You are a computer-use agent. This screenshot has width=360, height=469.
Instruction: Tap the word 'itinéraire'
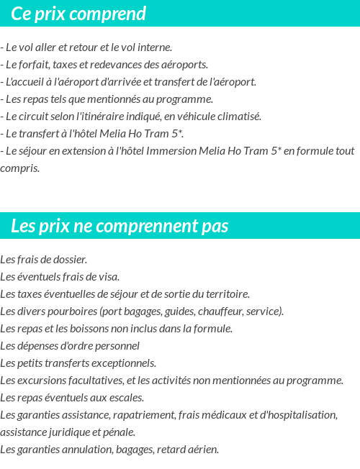click(119, 117)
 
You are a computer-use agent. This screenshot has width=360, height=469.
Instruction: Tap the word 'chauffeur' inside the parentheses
click(221, 311)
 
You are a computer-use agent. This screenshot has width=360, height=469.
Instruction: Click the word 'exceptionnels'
click(123, 363)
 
